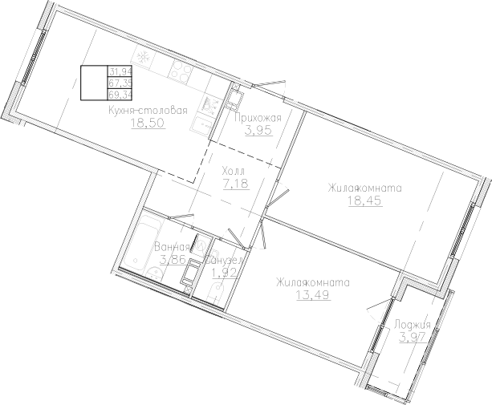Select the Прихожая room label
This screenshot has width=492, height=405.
coord(257,118)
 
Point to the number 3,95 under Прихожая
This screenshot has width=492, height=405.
coord(257,132)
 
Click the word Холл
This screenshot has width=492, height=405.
coord(234,172)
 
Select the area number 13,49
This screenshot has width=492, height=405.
coord(312,295)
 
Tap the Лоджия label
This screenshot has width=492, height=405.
coord(413,324)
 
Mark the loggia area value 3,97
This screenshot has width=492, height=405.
coord(413,338)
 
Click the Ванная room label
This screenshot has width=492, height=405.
coord(172,247)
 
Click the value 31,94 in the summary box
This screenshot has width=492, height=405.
coord(120,71)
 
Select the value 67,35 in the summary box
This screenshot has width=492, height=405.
coord(120,82)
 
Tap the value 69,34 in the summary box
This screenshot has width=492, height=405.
coord(120,93)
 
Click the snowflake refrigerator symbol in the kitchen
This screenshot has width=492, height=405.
coord(144,58)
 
